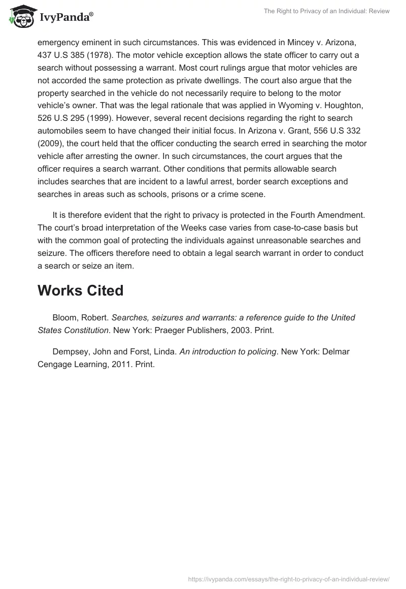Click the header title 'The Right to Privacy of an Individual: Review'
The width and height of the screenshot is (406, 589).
326,11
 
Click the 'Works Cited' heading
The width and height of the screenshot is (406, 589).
81,290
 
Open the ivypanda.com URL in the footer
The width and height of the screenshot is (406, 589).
288,579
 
